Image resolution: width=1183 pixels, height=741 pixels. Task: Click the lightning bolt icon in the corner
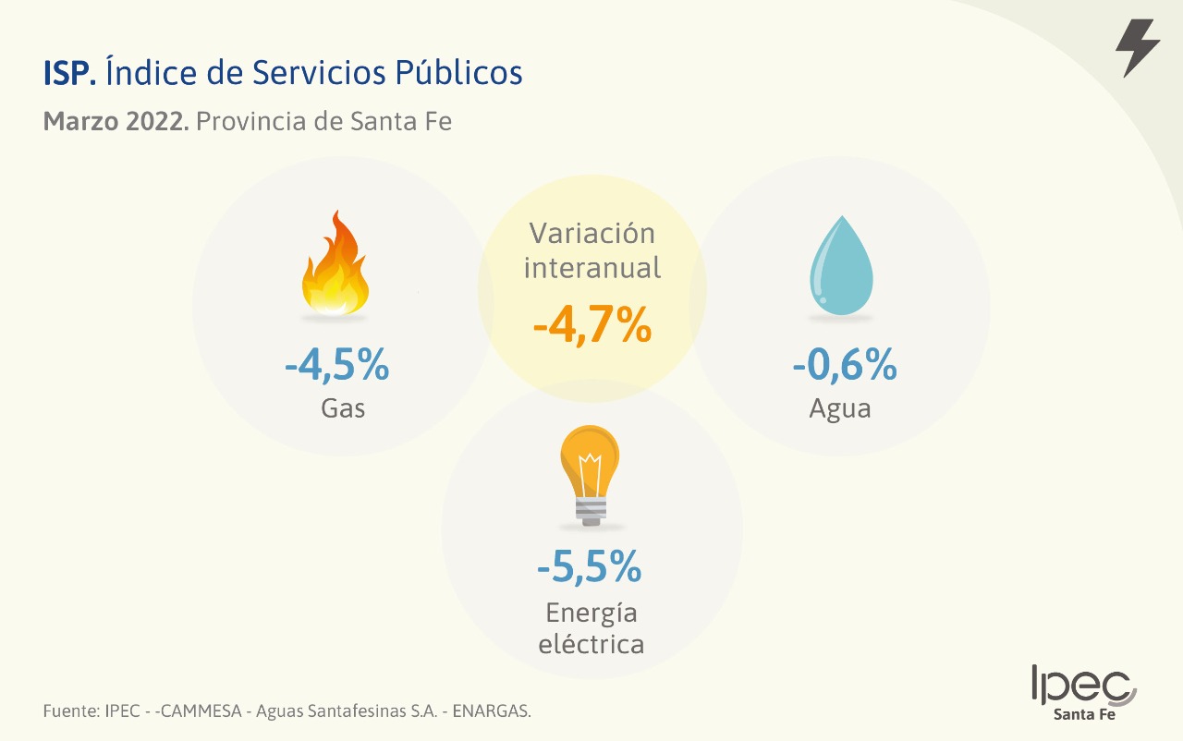[x=1138, y=47]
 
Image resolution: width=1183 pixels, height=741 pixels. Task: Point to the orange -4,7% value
[x=592, y=324]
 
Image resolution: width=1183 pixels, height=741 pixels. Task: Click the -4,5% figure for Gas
[x=337, y=366]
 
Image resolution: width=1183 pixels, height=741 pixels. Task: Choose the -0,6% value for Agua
[x=845, y=366]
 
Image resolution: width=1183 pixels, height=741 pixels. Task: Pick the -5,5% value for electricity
[x=590, y=566]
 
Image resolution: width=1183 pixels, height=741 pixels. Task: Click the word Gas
[x=343, y=408]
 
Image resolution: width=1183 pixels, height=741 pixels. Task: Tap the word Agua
[x=840, y=408]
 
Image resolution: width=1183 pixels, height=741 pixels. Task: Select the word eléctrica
[x=591, y=643]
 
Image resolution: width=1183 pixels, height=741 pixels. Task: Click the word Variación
[x=591, y=233]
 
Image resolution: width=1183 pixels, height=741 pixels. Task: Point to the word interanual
[x=592, y=268]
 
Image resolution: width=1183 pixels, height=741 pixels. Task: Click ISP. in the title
[x=69, y=73]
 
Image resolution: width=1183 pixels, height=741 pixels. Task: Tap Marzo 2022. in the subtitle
[x=116, y=121]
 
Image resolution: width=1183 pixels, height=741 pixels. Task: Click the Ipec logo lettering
[x=1082, y=685]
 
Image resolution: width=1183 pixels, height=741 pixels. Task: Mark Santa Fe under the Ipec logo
[x=1085, y=714]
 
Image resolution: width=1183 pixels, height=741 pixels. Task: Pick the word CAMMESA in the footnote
[x=202, y=711]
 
